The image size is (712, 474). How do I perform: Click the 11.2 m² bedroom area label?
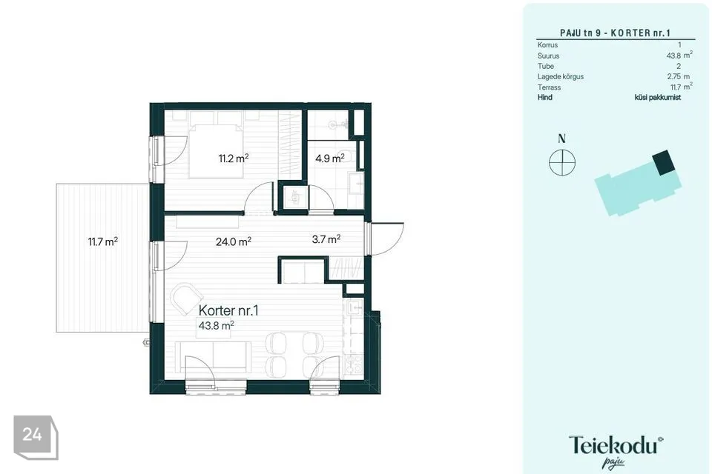(x=234, y=158)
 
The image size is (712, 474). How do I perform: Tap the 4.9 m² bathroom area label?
(x=329, y=158)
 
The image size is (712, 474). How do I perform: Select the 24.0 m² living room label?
(x=234, y=241)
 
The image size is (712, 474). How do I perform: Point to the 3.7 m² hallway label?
(x=326, y=239)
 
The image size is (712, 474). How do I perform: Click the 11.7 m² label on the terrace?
(x=103, y=241)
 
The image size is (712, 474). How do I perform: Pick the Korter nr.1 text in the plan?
(x=228, y=311)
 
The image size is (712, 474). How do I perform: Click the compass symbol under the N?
(x=562, y=162)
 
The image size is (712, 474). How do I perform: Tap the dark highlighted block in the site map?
(x=664, y=162)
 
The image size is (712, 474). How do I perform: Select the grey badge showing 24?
(x=35, y=437)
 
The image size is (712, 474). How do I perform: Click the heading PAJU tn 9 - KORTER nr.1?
(x=615, y=33)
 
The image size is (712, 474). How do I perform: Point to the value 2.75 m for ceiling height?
(x=679, y=77)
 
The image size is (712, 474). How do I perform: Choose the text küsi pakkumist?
(x=658, y=97)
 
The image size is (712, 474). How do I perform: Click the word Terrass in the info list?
(x=549, y=87)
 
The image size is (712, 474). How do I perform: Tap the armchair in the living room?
(x=186, y=298)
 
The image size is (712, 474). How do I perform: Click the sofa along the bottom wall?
(x=213, y=356)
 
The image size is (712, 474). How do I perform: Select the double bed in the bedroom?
(x=217, y=144)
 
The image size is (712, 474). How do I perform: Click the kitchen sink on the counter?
(x=355, y=308)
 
